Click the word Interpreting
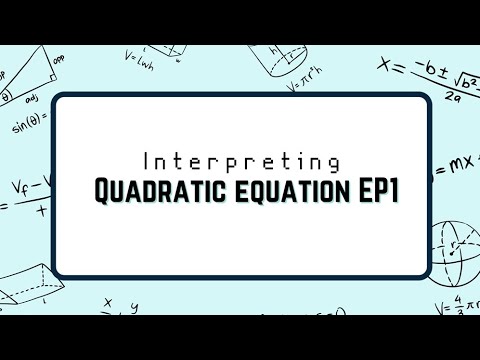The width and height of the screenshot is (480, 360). pos(242,161)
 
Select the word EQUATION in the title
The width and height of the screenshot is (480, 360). pos(281,189)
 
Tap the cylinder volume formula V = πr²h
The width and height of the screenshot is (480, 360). pos(307,84)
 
